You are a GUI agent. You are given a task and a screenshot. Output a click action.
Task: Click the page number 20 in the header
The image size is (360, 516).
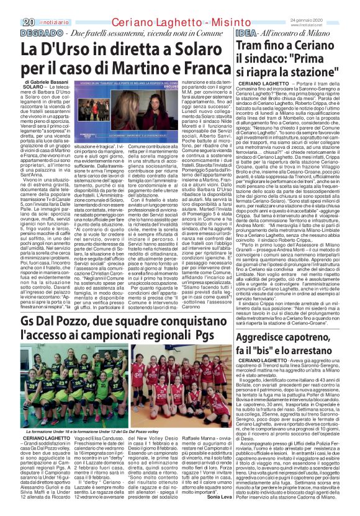[x=11, y=22]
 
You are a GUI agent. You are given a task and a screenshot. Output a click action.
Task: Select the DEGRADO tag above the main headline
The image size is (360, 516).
[x=28, y=32]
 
